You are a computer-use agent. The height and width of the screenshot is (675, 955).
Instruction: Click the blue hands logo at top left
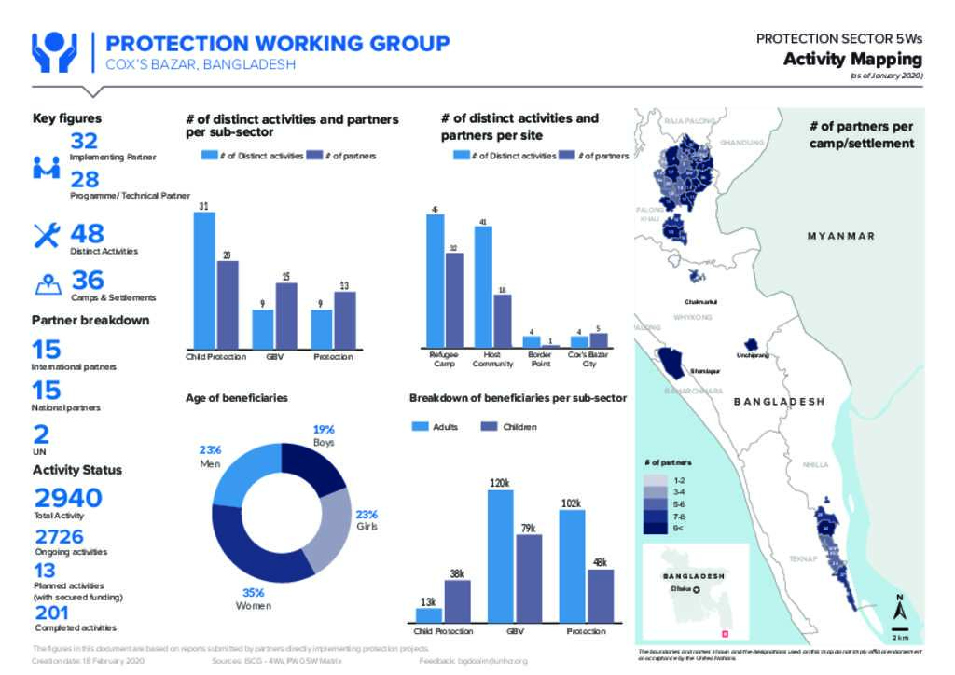point(54,53)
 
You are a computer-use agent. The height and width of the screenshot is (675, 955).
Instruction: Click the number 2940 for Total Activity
point(68,498)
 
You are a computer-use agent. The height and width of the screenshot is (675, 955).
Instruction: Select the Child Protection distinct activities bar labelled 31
point(204,280)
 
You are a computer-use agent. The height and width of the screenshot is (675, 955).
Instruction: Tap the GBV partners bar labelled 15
point(285,315)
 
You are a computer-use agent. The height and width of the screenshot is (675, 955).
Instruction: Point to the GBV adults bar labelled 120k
point(500,555)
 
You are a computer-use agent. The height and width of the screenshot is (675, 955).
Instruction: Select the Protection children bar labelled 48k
point(600,595)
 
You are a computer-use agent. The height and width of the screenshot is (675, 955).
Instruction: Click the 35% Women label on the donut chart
point(254,599)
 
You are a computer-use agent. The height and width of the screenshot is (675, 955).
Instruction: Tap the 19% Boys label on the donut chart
point(323,435)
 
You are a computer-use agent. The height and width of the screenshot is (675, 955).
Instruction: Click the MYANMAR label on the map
point(841,236)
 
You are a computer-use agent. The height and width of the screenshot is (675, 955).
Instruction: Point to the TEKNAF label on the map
point(803,558)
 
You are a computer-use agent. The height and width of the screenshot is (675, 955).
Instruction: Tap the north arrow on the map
point(900,611)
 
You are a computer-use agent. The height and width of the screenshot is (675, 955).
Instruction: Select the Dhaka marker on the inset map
point(695,590)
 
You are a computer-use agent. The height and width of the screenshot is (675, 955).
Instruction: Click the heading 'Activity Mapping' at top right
point(852,60)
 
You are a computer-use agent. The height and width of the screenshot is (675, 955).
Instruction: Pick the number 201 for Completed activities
point(52,613)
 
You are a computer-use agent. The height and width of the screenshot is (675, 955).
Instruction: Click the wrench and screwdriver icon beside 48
point(47,235)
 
